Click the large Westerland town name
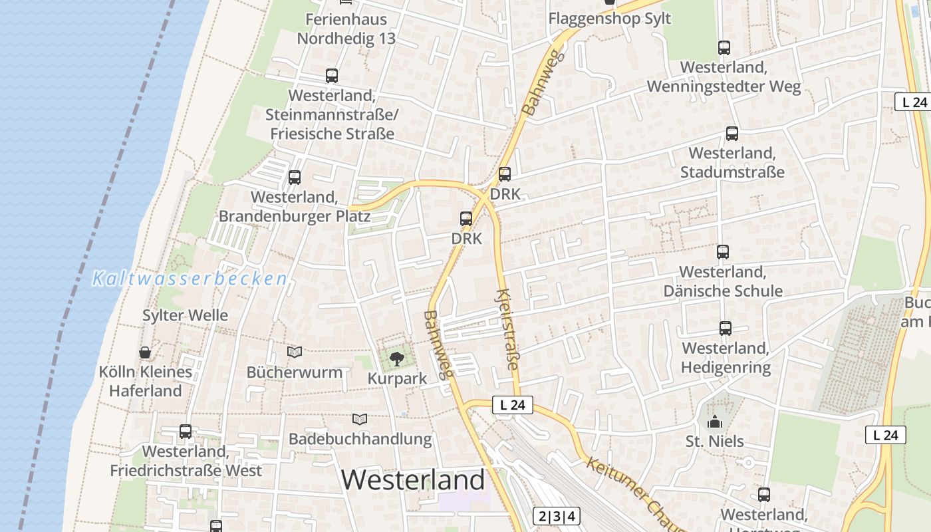(x=413, y=479)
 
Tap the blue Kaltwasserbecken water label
(x=190, y=279)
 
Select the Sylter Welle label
(x=185, y=315)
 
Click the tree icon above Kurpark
(x=397, y=360)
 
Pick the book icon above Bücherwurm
(x=295, y=352)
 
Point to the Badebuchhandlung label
(x=360, y=439)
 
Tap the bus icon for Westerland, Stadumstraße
(x=732, y=134)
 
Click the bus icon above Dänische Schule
(x=723, y=252)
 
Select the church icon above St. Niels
(x=715, y=422)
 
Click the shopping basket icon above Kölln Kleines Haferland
(x=145, y=352)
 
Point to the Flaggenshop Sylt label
(x=609, y=18)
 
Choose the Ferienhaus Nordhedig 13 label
(x=346, y=29)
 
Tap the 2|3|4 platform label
(x=556, y=516)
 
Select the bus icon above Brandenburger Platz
(x=295, y=178)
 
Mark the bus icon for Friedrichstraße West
(x=186, y=432)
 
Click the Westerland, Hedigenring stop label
(x=726, y=358)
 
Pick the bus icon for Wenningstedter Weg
(x=724, y=48)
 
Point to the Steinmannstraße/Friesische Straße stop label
(x=332, y=114)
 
